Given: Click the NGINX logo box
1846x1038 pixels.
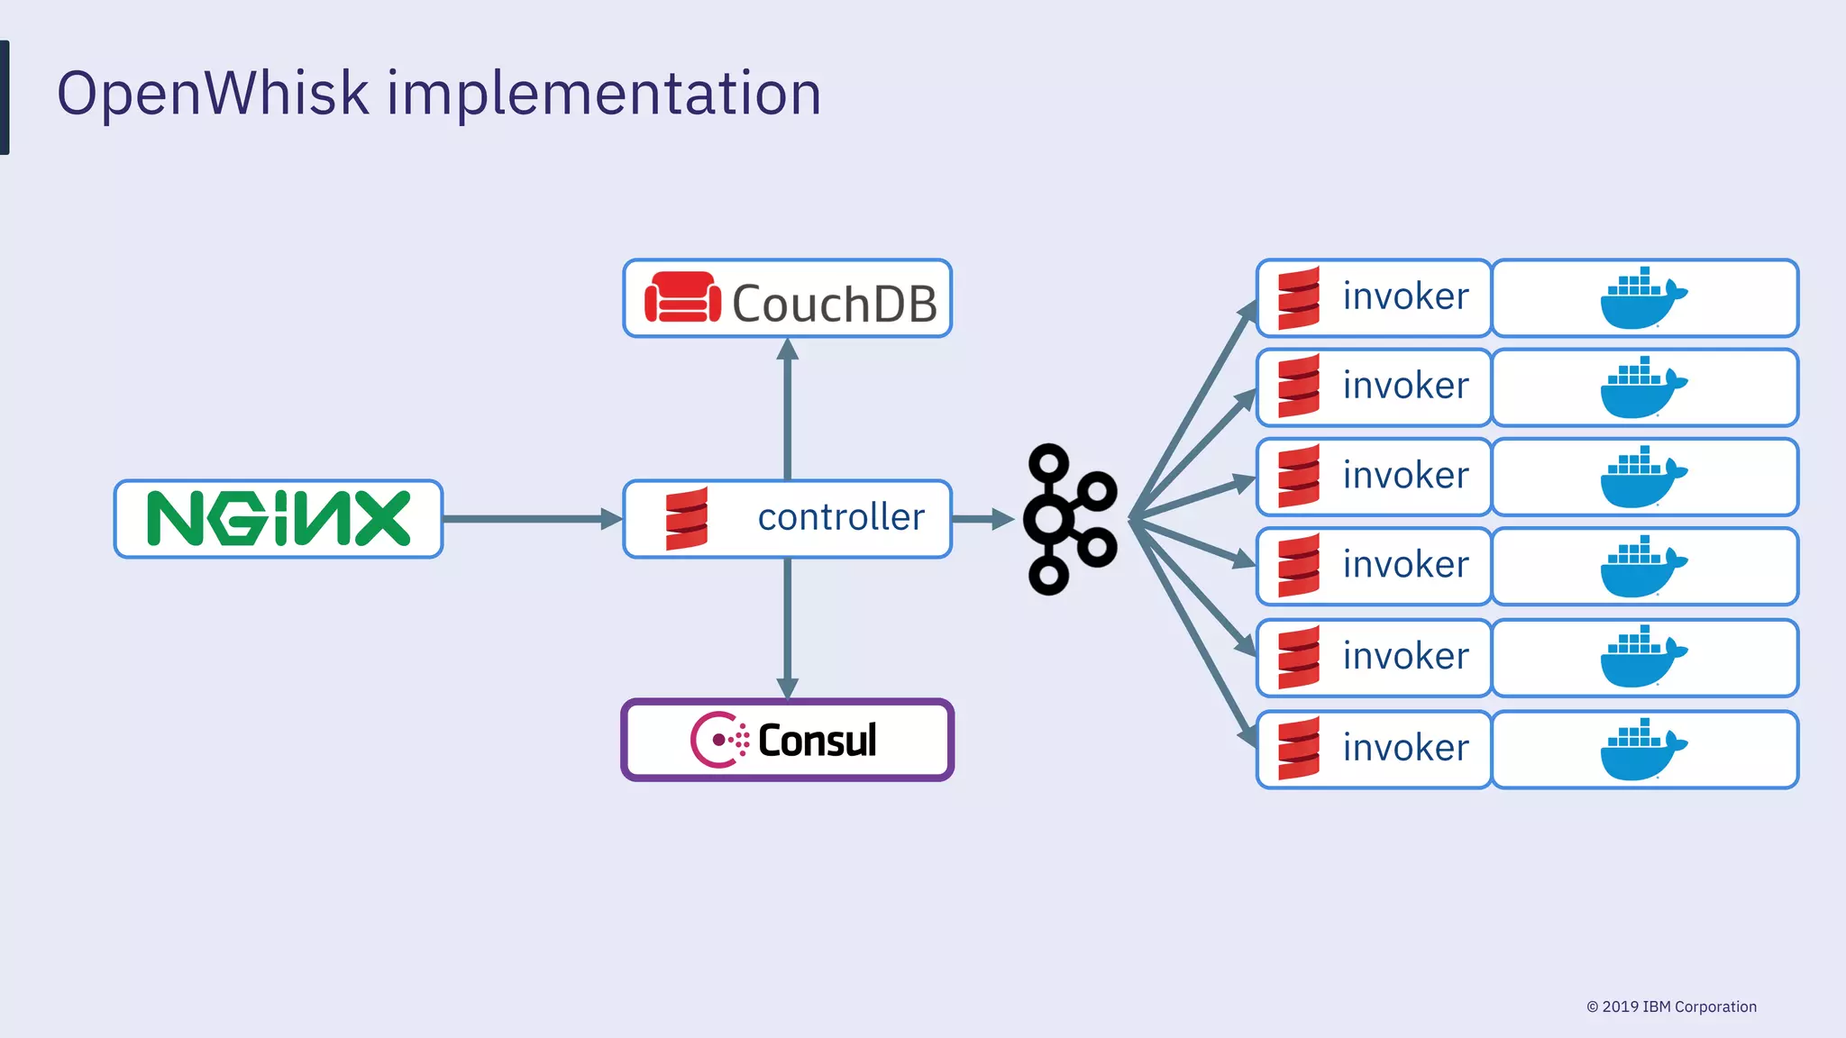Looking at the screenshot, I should (x=278, y=519).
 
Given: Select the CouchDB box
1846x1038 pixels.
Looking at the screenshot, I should (x=787, y=299).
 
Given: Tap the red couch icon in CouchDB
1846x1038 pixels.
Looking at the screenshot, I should (x=682, y=297).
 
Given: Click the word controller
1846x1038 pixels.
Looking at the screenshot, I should (x=841, y=518).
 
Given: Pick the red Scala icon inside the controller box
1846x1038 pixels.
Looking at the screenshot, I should (x=687, y=519).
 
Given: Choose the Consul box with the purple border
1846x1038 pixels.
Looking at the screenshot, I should (x=787, y=740).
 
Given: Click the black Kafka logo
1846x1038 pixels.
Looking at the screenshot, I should (x=1069, y=519).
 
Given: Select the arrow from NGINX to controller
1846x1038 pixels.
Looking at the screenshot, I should (x=532, y=519).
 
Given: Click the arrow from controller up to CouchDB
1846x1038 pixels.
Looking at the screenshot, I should (x=787, y=410).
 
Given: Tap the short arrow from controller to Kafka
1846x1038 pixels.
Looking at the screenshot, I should (x=982, y=519).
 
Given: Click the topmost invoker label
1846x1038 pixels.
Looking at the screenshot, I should (x=1404, y=297).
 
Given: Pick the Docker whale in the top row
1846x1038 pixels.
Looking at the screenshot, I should (x=1642, y=299).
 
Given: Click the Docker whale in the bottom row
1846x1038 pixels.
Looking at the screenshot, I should (x=1642, y=750).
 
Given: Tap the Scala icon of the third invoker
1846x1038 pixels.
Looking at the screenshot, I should (x=1299, y=477).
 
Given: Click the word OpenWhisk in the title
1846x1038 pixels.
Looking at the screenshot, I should (x=213, y=94).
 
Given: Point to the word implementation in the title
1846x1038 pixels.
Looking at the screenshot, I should (x=604, y=94).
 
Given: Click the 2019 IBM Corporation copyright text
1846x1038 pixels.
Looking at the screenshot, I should (x=1671, y=1006).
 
